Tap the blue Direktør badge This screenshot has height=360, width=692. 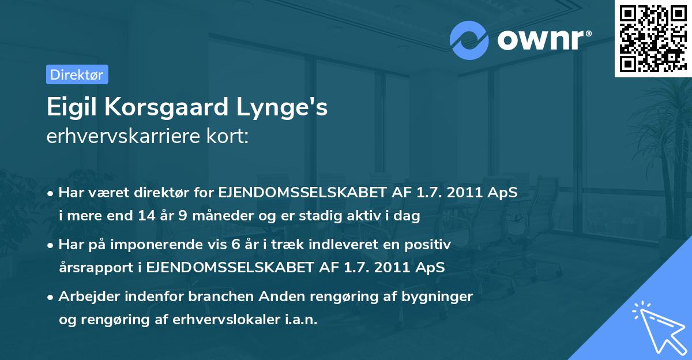(x=77, y=74)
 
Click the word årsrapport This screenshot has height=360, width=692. (x=95, y=268)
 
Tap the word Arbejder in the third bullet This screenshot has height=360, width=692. (x=86, y=297)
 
